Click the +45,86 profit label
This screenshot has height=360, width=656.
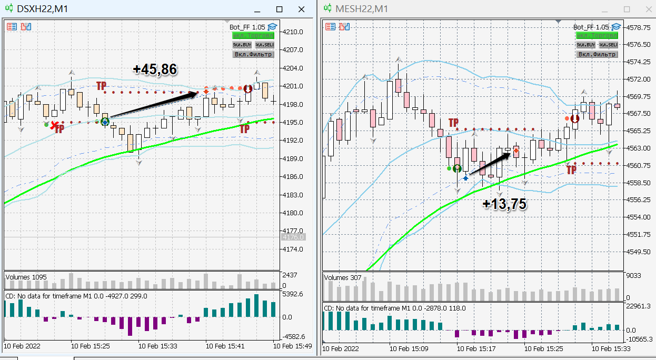coord(155,69)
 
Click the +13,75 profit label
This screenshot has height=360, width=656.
coord(504,204)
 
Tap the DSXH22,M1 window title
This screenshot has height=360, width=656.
coord(42,9)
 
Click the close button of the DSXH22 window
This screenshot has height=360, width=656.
coord(301,9)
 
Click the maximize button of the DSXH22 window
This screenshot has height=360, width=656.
coord(280,9)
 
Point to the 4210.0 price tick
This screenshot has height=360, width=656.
coord(293,32)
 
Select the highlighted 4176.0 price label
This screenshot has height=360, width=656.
coord(293,237)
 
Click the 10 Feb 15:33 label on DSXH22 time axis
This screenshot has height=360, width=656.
coord(157,346)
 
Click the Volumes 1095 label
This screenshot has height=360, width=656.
coord(24,277)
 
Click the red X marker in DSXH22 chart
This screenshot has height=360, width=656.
coord(54,125)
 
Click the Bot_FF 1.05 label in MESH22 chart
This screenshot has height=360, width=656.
coord(591,27)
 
